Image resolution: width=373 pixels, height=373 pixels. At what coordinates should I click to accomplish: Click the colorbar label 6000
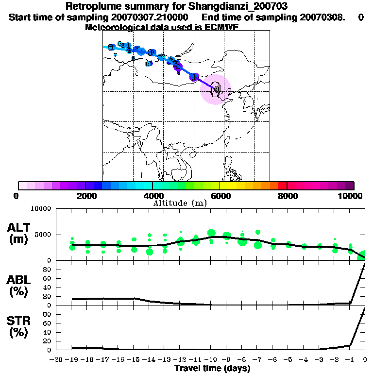[x=220, y=195]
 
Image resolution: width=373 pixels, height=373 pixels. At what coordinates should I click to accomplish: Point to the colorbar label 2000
[x=85, y=195]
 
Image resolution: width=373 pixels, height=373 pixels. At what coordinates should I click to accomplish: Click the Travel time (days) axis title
[x=212, y=369]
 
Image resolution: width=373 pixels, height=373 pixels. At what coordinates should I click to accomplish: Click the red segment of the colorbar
[x=282, y=186]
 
